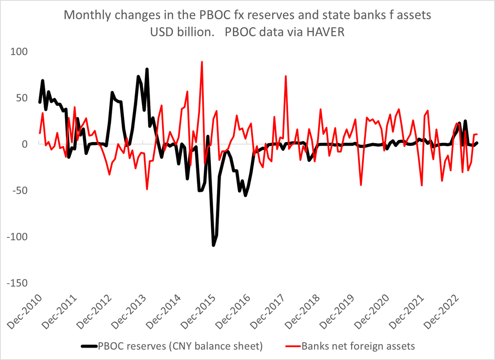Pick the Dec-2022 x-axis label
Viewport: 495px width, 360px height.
(445, 312)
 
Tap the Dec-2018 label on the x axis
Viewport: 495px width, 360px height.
(306, 312)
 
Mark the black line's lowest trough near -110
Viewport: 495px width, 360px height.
(214, 245)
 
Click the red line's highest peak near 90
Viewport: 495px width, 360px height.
(202, 62)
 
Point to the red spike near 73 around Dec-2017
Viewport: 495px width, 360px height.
(285, 76)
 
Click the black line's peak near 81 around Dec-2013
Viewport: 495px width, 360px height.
(147, 69)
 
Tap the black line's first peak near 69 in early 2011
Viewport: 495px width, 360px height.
(42, 81)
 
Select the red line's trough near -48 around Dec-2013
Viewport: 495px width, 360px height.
(147, 189)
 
